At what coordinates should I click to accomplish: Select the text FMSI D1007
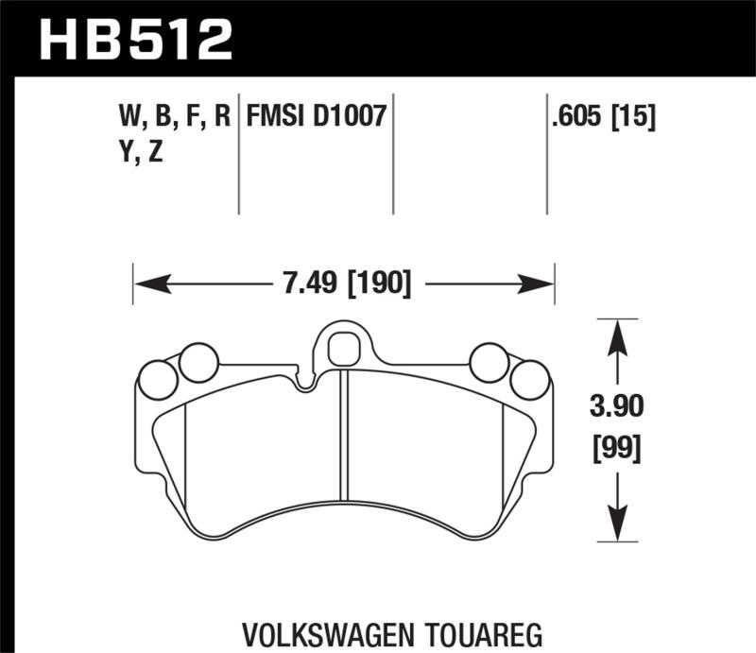[316, 117]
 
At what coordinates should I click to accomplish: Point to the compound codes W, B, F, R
[175, 117]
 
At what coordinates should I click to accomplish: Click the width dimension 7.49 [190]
[342, 283]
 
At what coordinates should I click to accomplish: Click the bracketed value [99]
[616, 449]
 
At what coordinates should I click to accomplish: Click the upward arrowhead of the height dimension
[616, 331]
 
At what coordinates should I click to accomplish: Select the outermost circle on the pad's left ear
[157, 380]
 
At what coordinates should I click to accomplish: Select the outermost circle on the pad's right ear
[529, 380]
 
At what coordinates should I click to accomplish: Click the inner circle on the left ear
[198, 362]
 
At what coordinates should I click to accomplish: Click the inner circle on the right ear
[489, 362]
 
